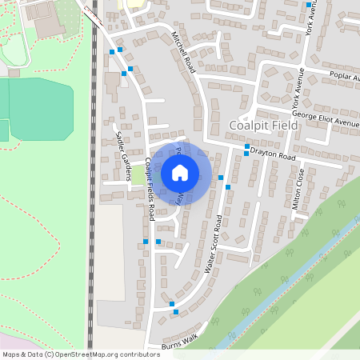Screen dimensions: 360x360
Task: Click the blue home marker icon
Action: click(x=180, y=172)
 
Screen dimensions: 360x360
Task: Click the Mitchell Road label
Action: click(x=183, y=53)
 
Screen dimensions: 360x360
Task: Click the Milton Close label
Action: click(x=298, y=189)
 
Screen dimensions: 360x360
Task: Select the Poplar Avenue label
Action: click(x=345, y=78)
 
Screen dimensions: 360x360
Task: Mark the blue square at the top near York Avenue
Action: click(x=309, y=5)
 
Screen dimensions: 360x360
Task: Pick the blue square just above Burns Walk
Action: click(x=172, y=305)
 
